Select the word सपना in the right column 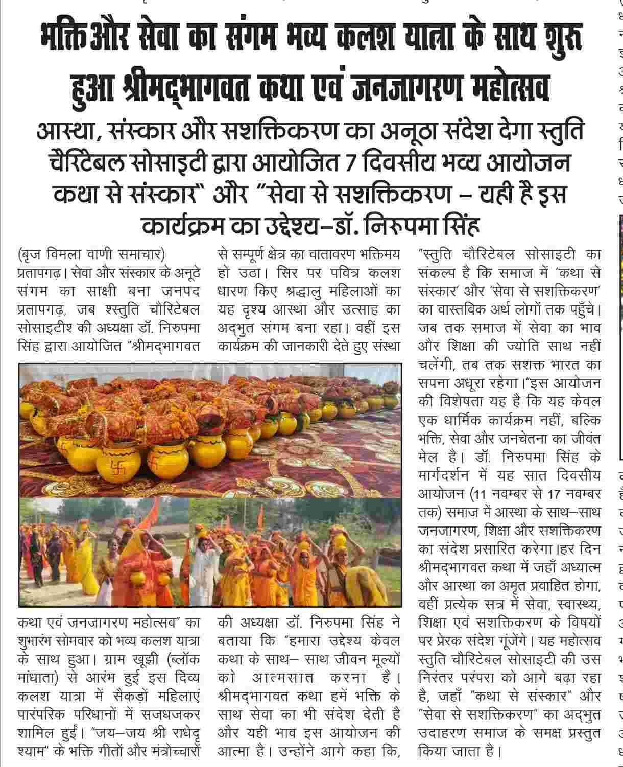tap(433, 382)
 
